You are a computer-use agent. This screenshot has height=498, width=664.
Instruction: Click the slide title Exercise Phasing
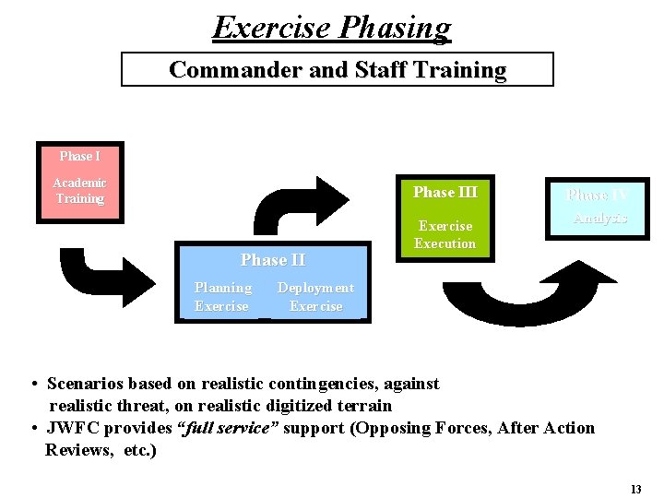(332, 27)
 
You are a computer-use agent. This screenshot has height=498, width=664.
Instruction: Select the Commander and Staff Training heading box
(338, 69)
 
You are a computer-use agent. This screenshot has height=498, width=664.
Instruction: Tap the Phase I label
(79, 156)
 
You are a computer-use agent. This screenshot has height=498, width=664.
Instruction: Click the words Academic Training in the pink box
(79, 191)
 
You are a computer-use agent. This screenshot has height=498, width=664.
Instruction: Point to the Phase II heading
(273, 260)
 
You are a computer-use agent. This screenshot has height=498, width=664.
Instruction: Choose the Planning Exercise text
(222, 297)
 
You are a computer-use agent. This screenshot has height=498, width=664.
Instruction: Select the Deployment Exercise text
(315, 297)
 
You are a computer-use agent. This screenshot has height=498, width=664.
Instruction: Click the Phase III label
(445, 192)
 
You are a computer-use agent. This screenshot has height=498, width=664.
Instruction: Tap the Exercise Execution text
(445, 234)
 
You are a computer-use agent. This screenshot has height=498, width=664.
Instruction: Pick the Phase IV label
(597, 195)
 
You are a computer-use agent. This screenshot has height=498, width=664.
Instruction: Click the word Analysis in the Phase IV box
(599, 219)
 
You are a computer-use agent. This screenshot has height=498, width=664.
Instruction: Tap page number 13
(635, 489)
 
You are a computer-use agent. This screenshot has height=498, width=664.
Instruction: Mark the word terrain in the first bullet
(365, 406)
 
